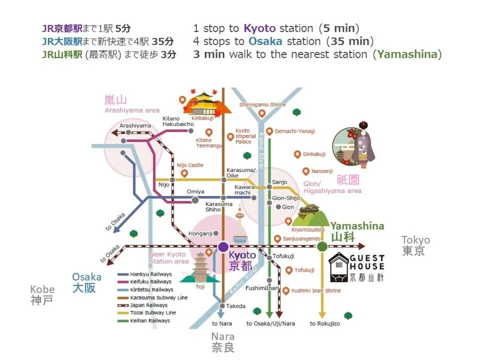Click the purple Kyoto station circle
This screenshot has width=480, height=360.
tap(223, 246)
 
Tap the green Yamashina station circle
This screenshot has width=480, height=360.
tap(322, 246)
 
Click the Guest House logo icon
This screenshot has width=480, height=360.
tap(339, 267)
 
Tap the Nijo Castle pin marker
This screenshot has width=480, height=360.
tap(184, 173)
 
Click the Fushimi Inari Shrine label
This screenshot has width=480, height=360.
tap(316, 290)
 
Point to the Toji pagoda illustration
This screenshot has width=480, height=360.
tap(200, 267)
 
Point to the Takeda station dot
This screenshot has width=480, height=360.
tap(221, 305)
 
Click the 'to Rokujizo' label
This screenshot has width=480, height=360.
tap(324, 323)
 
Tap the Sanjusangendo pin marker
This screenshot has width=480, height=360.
tap(277, 239)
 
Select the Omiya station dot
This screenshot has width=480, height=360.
tap(195, 200)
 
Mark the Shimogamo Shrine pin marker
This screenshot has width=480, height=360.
tap(261, 114)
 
